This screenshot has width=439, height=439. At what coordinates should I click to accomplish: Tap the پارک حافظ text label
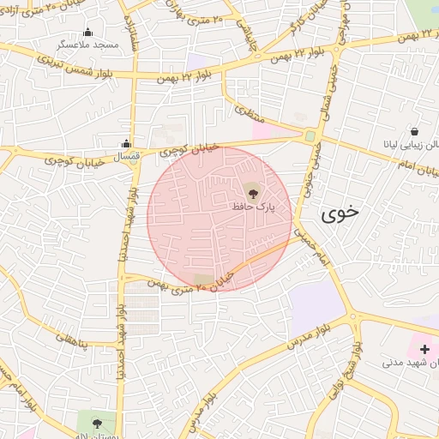point(254,207)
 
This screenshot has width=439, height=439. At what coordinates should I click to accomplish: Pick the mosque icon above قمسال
point(127,143)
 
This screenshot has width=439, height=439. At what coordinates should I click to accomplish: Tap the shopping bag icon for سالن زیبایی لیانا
point(414,132)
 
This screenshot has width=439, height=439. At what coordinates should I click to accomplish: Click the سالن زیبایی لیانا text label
point(412,147)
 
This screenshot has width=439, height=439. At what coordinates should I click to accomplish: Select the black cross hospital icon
point(424,348)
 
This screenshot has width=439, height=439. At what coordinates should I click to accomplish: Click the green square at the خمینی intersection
point(310,135)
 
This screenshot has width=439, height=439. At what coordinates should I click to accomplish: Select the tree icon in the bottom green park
point(96,422)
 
